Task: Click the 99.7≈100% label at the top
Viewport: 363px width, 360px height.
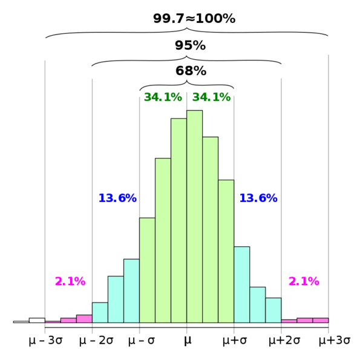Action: point(194,19)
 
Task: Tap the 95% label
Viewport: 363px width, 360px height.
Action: point(190,45)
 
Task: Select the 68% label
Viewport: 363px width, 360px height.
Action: point(191,71)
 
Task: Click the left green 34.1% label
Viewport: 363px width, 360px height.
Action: point(162,97)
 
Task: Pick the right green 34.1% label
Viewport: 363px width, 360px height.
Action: point(211,97)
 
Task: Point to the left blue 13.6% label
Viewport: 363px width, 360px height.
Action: point(117,198)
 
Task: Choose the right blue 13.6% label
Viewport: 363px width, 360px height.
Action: point(258,198)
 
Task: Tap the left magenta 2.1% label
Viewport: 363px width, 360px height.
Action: point(70,281)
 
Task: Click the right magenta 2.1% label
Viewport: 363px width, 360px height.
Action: point(303,281)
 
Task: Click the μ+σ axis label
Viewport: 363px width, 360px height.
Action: point(234,341)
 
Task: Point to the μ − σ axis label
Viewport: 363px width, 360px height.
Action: point(142,341)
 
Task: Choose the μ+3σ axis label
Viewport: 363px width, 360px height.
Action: point(335,341)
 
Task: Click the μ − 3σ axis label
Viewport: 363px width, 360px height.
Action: point(46,341)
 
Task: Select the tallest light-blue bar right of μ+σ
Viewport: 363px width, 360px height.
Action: point(241,284)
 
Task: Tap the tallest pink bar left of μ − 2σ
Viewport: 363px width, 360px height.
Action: point(83,319)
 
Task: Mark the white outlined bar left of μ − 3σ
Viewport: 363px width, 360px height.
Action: point(37,320)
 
